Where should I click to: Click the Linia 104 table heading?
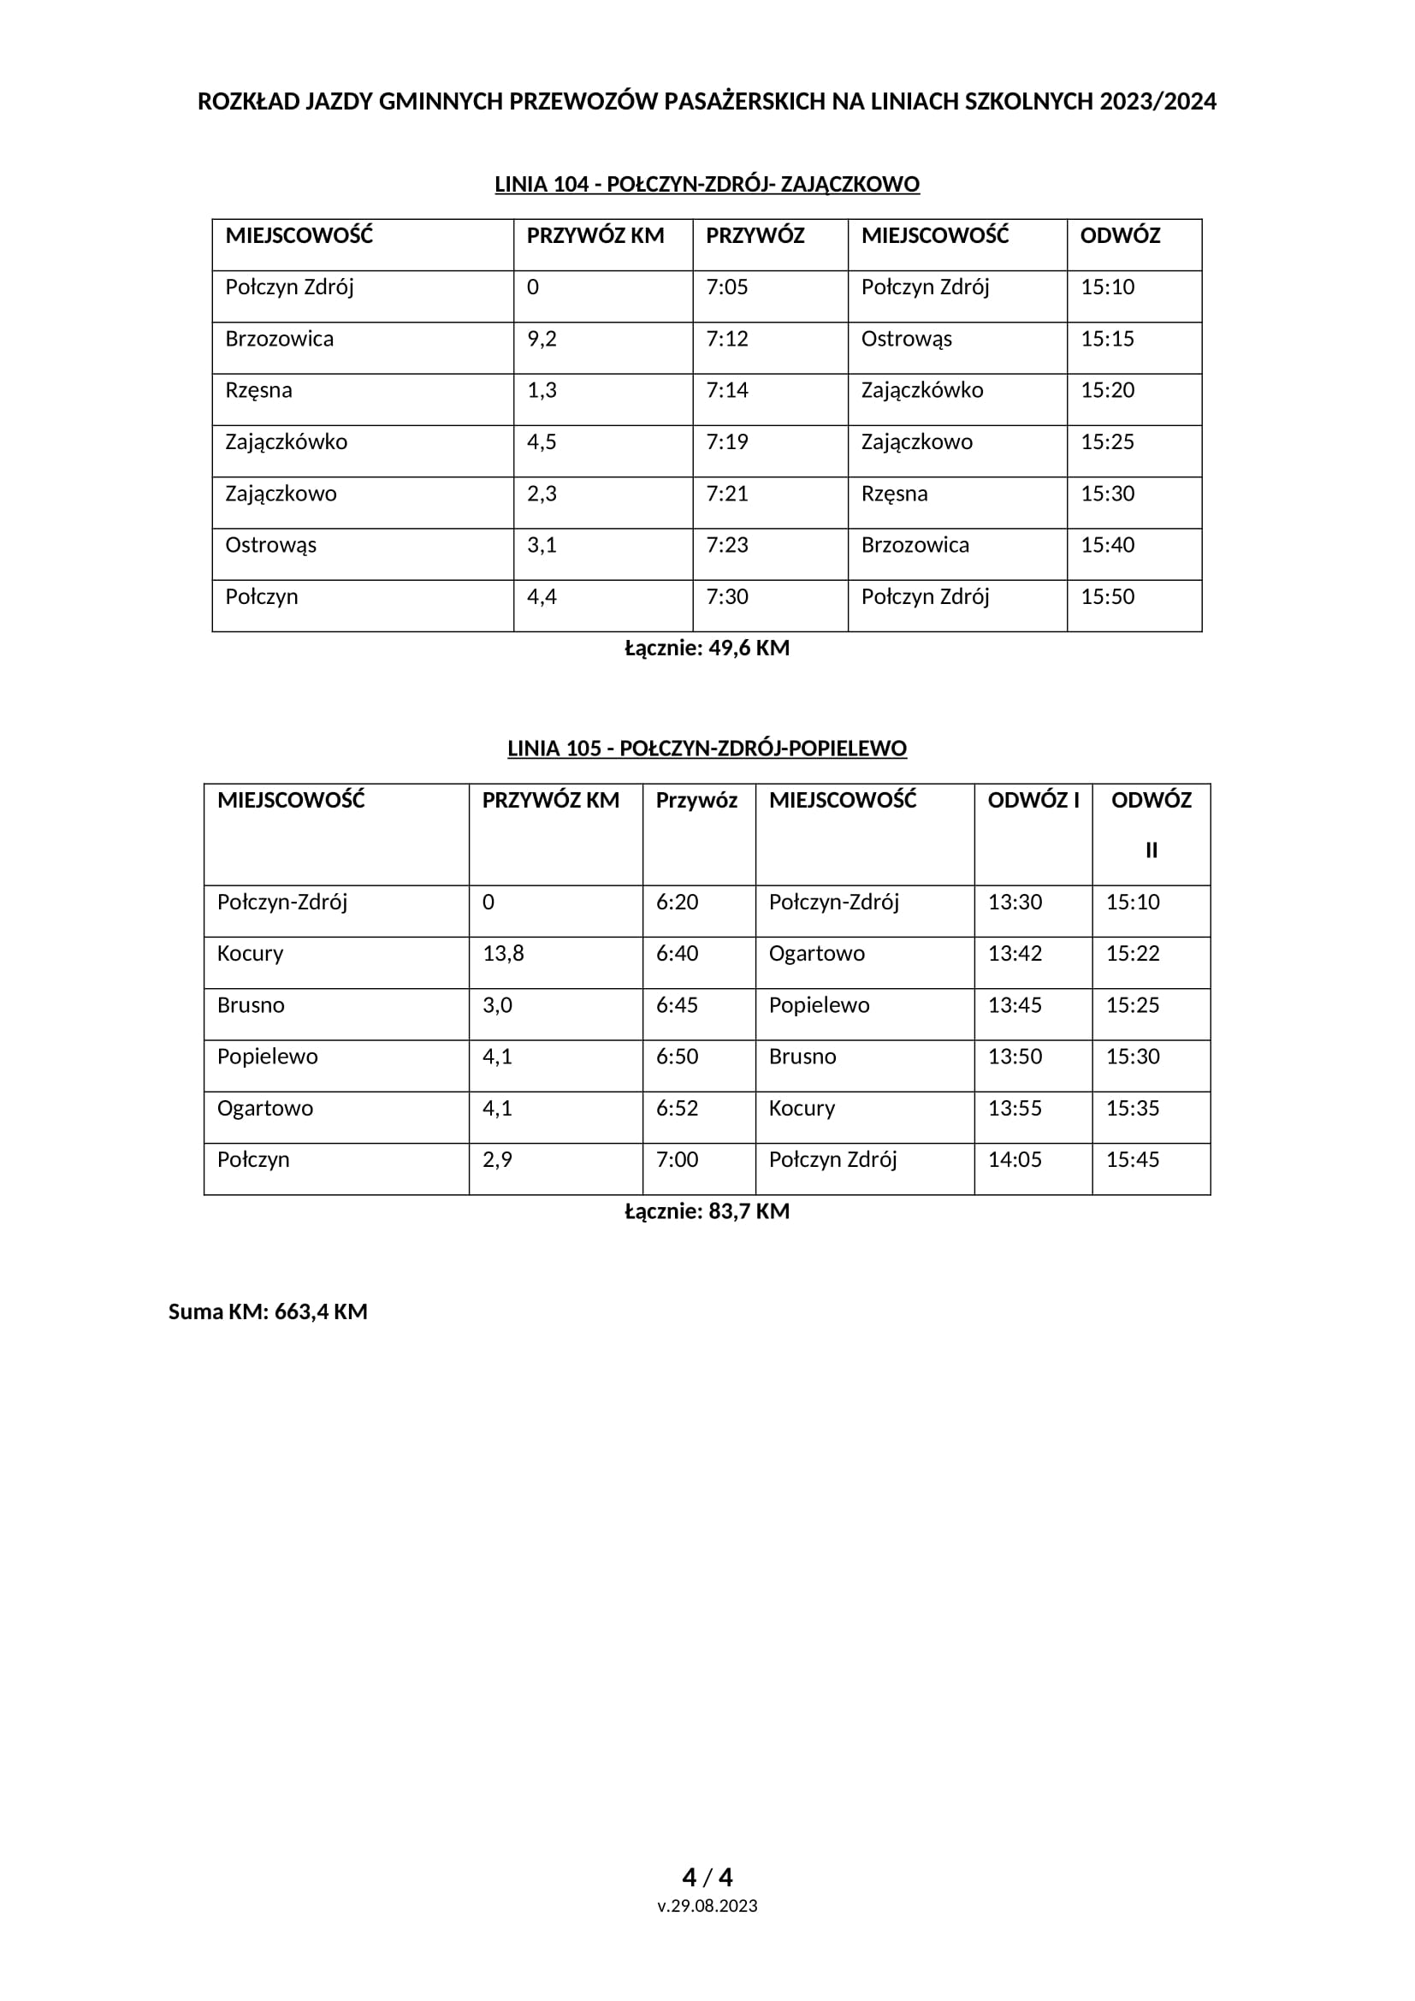tap(707, 185)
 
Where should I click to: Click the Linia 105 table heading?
tap(707, 749)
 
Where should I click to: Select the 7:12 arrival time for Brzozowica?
tap(726, 339)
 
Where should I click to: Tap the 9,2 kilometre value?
tap(541, 339)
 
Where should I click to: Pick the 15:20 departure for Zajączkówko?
tap(1107, 390)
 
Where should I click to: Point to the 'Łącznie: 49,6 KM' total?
tap(707, 648)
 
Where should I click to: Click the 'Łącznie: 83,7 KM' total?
tap(707, 1211)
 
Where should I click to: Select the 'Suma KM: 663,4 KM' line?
tap(268, 1311)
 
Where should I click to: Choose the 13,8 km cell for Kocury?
tap(503, 953)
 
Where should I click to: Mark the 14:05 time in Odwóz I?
tap(1015, 1160)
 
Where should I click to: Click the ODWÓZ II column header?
tap(1151, 824)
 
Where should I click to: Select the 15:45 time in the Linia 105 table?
tap(1133, 1160)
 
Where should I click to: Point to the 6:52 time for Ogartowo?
tap(677, 1109)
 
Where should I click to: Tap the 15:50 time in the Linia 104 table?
tap(1107, 597)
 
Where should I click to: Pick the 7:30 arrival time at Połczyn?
tap(726, 597)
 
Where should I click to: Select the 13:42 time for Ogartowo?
tap(1015, 953)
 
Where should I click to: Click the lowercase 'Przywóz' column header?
tap(696, 800)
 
